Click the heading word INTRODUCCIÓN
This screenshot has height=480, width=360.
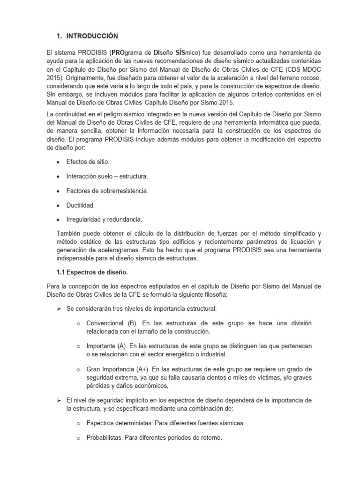coord(92,36)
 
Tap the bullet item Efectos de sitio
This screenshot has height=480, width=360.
coord(88,162)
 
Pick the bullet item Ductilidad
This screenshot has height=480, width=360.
coord(81,205)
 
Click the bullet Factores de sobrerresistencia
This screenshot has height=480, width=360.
coord(107,191)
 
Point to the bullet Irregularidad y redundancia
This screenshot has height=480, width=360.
coord(104,219)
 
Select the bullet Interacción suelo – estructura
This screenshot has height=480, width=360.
coord(107,176)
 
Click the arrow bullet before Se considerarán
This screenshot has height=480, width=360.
coord(60,308)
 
